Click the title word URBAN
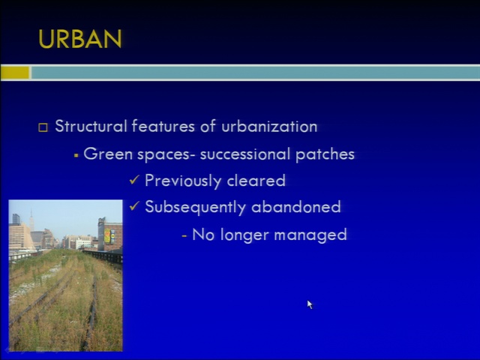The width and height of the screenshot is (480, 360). click(80, 39)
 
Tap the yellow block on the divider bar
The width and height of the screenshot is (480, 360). click(15, 73)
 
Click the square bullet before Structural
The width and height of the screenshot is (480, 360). click(43, 127)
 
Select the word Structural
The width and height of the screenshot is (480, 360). click(91, 126)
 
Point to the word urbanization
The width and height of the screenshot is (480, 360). click(269, 126)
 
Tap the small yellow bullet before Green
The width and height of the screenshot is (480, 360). click(76, 155)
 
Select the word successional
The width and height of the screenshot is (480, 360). click(245, 154)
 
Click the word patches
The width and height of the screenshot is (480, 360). click(325, 154)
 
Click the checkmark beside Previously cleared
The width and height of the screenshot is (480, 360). click(134, 179)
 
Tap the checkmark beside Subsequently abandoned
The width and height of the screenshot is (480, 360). click(134, 205)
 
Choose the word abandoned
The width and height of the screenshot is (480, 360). click(296, 207)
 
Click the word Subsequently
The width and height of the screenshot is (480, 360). click(195, 207)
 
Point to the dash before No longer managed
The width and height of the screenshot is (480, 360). click(184, 235)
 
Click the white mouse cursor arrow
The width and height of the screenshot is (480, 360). click(310, 304)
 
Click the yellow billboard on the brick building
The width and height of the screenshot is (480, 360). click(107, 236)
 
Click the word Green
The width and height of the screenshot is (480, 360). click(108, 154)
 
